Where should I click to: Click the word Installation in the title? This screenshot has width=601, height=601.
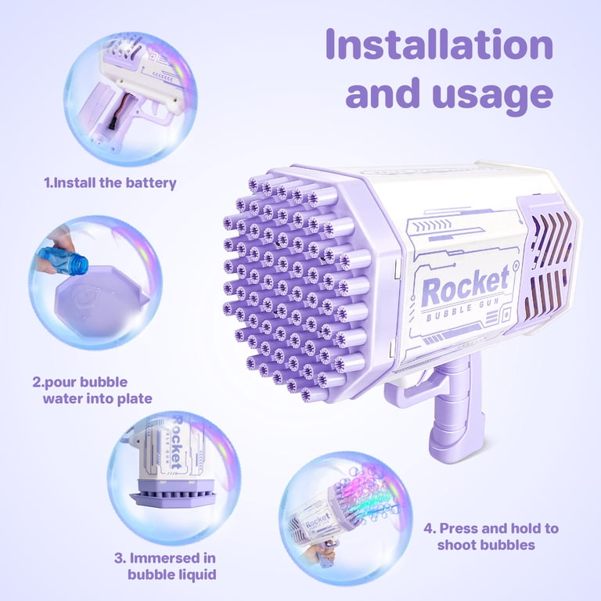click(439, 45)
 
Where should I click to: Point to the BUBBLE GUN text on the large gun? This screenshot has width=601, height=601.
click(463, 310)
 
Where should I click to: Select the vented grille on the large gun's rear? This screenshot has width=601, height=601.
click(549, 265)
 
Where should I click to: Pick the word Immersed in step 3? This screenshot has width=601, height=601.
click(172, 558)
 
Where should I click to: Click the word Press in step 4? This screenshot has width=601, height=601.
click(459, 528)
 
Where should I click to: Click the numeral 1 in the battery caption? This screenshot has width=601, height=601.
click(47, 183)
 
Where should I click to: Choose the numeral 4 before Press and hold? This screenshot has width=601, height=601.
click(428, 528)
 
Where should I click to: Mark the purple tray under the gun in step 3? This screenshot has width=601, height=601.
click(172, 493)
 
